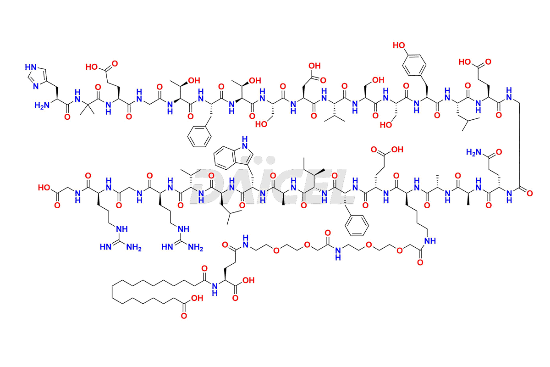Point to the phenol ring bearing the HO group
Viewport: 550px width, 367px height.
[x=412, y=69]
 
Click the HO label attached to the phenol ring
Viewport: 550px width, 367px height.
[x=399, y=46]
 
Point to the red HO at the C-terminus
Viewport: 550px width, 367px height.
[x=45, y=188]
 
